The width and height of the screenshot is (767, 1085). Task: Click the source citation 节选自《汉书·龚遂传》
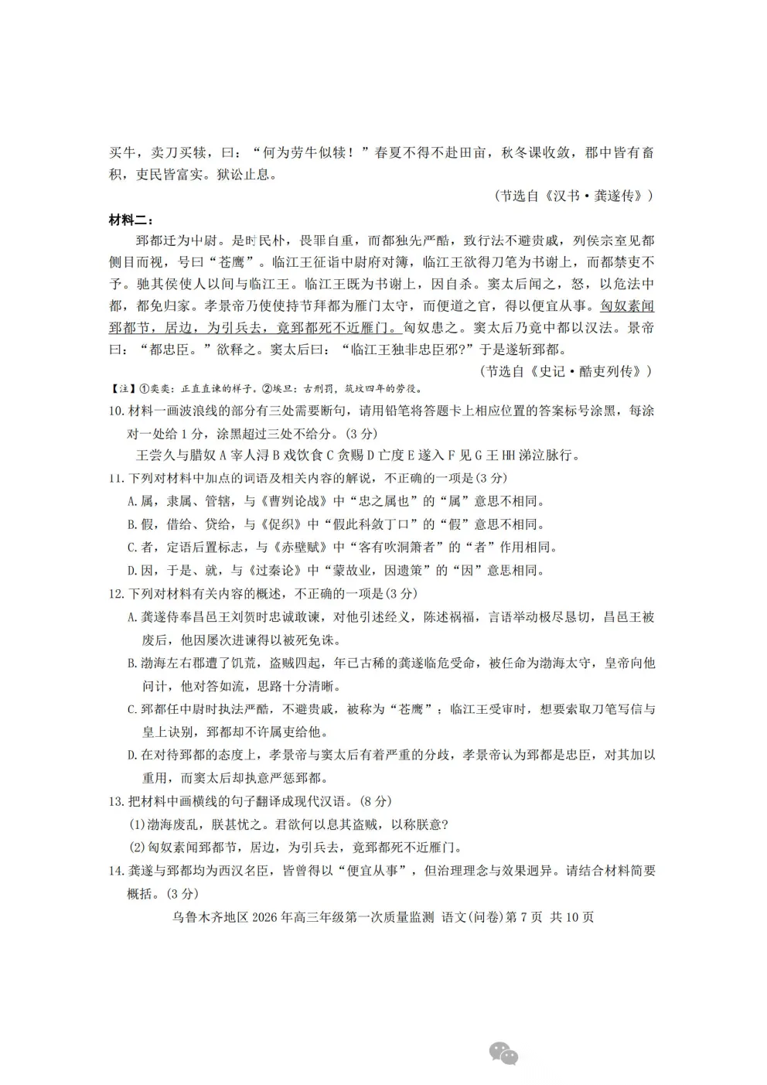click(x=573, y=196)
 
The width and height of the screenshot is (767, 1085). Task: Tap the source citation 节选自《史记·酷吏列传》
click(x=567, y=371)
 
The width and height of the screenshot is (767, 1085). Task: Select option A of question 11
click(x=132, y=502)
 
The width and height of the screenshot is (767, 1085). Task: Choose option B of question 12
click(x=132, y=664)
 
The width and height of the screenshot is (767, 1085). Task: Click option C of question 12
click(x=132, y=709)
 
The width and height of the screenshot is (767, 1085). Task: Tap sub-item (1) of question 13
click(x=136, y=825)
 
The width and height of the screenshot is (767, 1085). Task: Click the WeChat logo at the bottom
click(x=503, y=1053)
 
